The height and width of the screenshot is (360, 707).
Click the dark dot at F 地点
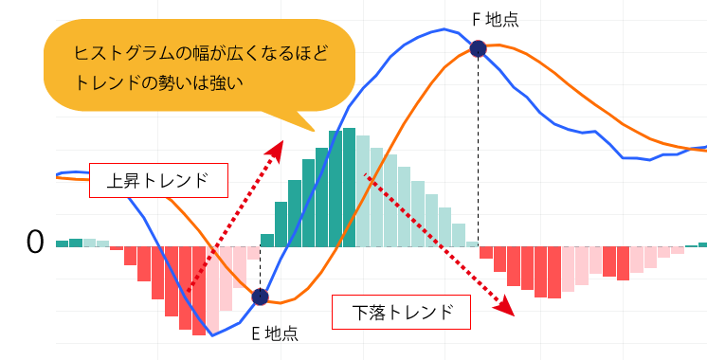pos(479,48)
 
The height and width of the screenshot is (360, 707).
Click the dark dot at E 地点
pos(260,297)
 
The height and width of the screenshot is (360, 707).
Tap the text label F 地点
pos(495,18)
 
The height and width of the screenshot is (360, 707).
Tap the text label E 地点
pos(274,333)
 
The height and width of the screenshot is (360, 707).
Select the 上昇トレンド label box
pos(158,180)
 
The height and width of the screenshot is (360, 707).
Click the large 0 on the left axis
pos(35,243)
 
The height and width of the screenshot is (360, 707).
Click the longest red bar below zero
pos(199,291)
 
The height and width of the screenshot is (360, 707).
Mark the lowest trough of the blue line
pos(212,335)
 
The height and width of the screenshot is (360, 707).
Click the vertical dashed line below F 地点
pos(479,152)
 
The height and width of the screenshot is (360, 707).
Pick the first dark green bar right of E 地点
pos(267,241)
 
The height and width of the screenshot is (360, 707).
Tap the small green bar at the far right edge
pos(702,244)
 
